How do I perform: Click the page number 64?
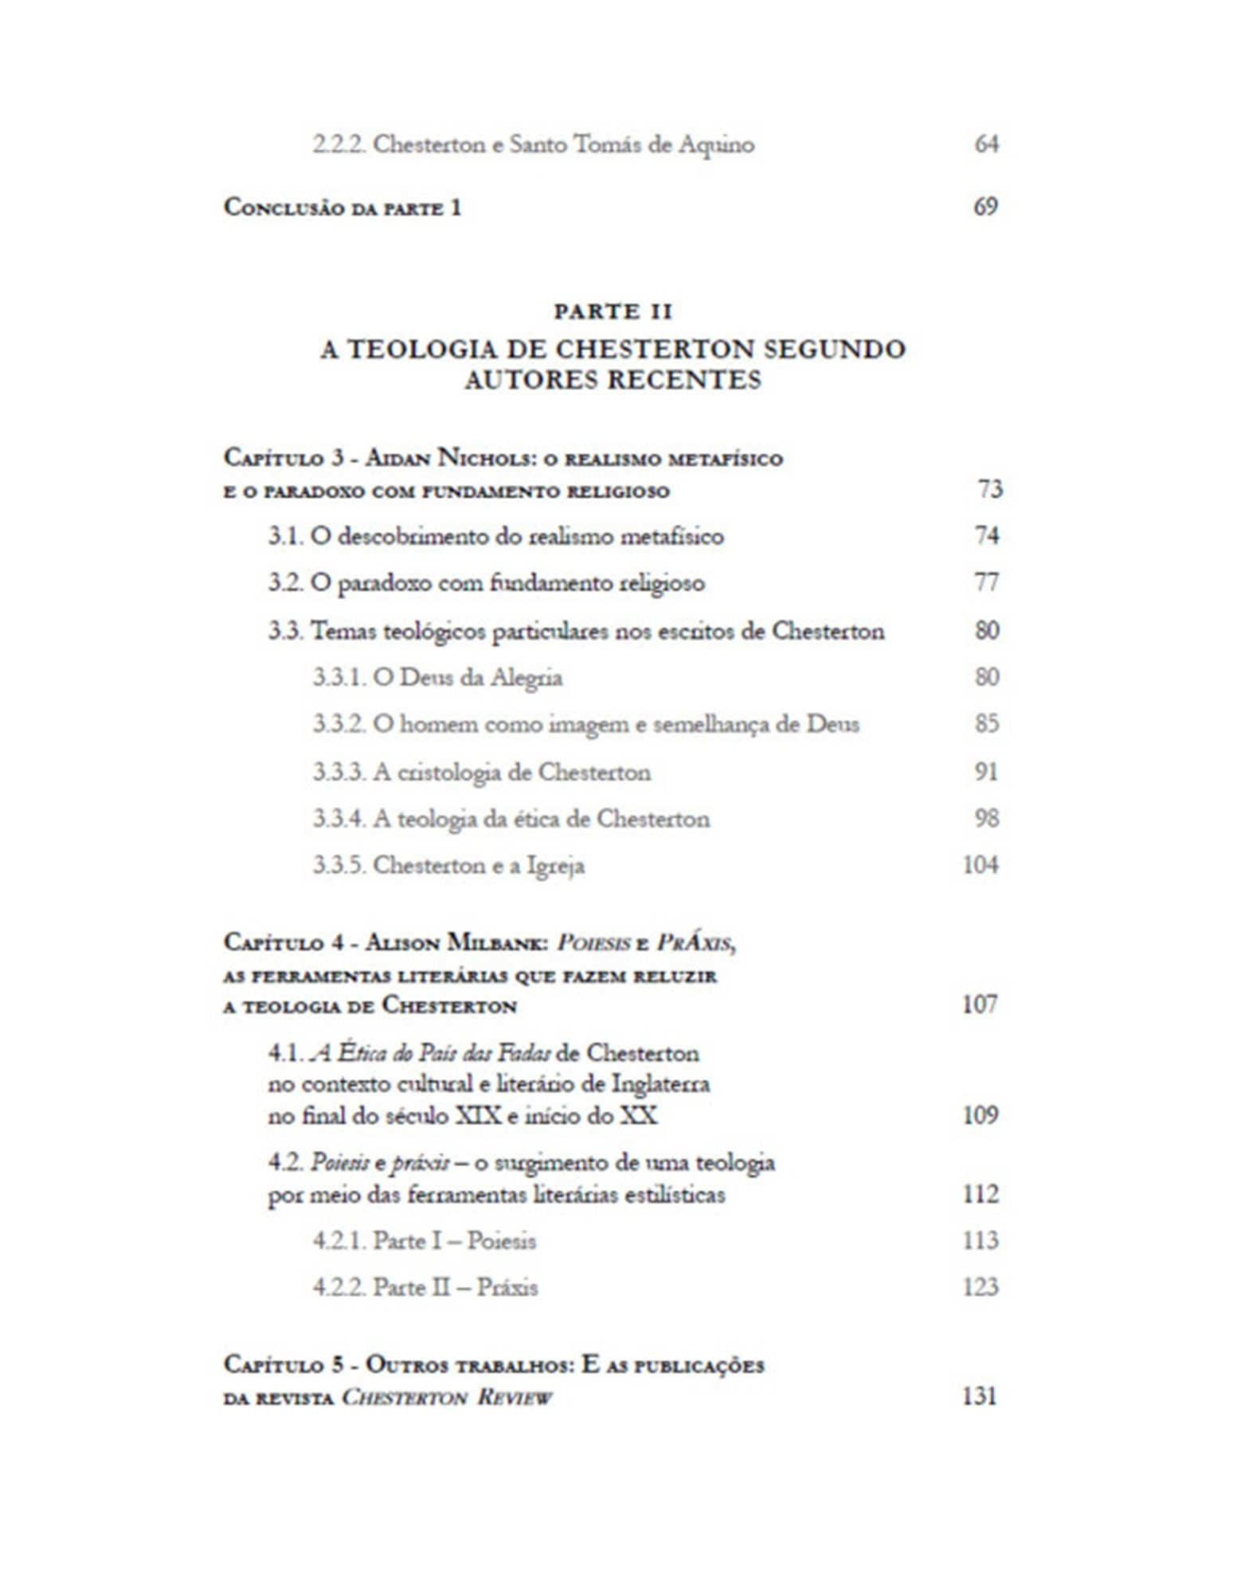986,144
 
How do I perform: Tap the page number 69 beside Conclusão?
985,207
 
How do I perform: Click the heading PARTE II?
613,311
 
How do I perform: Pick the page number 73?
989,489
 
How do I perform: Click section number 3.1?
285,536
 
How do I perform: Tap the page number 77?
986,583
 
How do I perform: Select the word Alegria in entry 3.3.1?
527,678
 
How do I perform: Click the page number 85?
986,724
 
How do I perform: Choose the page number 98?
986,819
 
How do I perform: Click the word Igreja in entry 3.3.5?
556,866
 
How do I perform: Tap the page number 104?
981,866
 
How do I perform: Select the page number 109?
981,1114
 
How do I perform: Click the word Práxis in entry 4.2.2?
507,1287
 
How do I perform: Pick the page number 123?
981,1287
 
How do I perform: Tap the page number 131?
981,1397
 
